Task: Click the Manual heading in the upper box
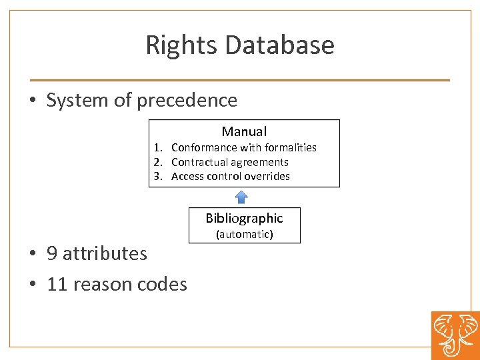244,132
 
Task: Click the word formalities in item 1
291,147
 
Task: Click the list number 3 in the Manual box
157,177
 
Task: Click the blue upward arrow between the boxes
241,197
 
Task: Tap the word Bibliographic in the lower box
244,219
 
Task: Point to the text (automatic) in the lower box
244,235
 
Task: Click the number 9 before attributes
52,254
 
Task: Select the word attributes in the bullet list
105,254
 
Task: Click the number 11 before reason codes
57,285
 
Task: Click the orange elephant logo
455,335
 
